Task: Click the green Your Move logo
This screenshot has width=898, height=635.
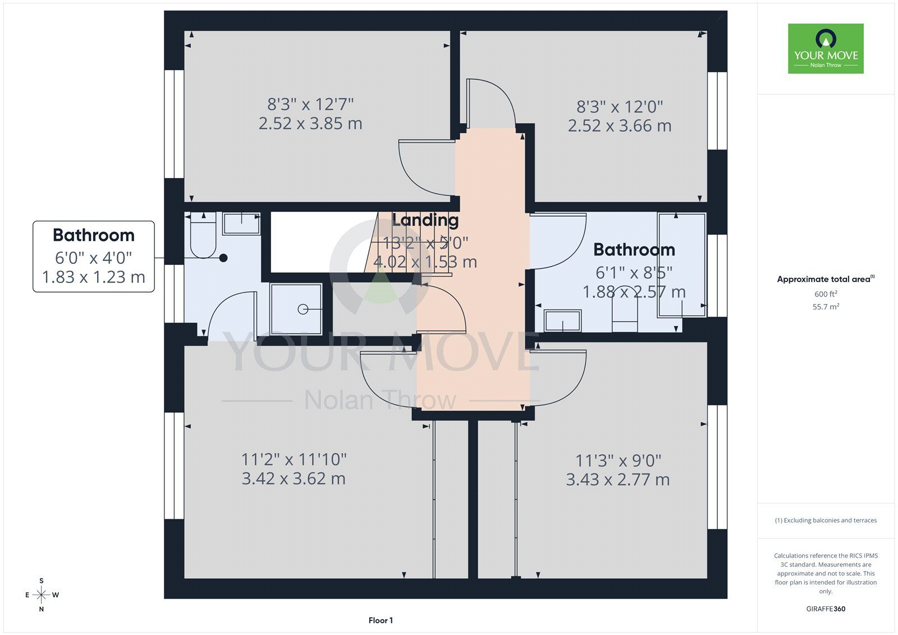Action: [x=826, y=48]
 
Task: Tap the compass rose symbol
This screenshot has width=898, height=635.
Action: [x=42, y=595]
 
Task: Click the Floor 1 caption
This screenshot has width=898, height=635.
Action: [x=381, y=620]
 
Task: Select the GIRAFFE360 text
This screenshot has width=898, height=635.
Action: [x=826, y=609]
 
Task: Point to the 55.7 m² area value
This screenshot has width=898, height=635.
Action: [x=826, y=307]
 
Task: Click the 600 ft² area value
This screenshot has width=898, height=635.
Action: [x=826, y=294]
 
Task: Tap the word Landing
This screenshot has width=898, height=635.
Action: [x=425, y=220]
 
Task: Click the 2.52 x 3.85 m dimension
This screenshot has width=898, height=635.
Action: [x=310, y=123]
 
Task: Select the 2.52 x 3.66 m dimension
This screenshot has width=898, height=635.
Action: [x=620, y=126]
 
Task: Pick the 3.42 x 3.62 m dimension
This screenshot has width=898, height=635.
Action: [x=294, y=478]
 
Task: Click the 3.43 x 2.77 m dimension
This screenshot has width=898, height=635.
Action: [x=618, y=479]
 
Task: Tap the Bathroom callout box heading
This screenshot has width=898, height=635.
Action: [x=93, y=235]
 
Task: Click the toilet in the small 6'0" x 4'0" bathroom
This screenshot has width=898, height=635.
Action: [x=203, y=235]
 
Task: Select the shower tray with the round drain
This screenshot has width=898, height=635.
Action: [x=296, y=309]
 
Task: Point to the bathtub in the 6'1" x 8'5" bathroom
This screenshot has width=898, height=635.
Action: [x=682, y=265]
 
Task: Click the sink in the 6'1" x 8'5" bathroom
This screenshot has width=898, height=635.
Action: [x=562, y=321]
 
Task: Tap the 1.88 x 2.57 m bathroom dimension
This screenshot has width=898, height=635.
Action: [x=634, y=291]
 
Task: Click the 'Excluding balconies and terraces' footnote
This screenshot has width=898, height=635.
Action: [x=826, y=520]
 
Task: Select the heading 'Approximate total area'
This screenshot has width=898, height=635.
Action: [x=826, y=279]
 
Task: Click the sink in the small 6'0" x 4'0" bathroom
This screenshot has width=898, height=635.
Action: [x=241, y=223]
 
